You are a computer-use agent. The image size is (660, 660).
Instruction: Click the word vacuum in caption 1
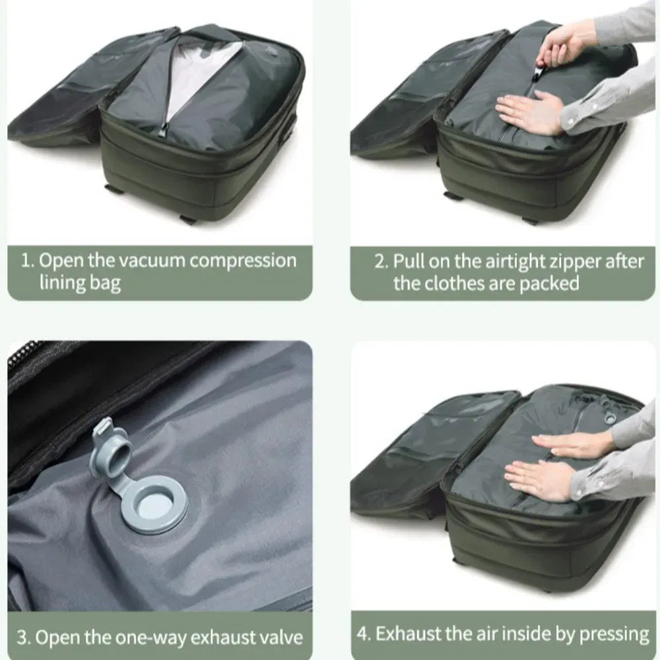[x=151, y=260]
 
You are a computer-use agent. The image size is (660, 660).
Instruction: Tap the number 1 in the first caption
[x=26, y=260]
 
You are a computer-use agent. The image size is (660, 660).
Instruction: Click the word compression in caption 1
[x=243, y=260]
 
